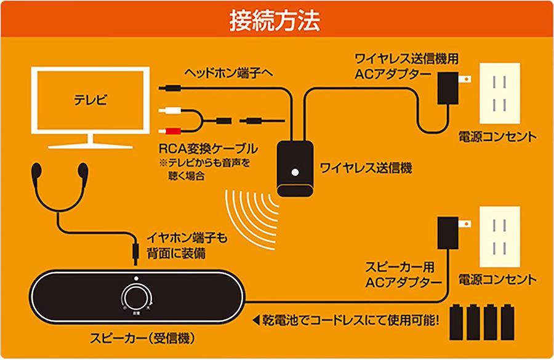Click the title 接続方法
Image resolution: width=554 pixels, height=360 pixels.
tap(275, 20)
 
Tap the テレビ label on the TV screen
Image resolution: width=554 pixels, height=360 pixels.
tap(90, 100)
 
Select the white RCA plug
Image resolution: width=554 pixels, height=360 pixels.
tap(170, 111)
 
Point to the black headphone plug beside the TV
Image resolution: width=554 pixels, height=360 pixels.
tap(170, 88)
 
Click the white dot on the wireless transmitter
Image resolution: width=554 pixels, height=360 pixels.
tap(295, 173)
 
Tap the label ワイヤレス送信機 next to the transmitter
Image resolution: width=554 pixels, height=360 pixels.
tap(366, 168)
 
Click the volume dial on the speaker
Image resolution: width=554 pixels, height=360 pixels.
tap(135, 297)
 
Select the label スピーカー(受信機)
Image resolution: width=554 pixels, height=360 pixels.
tap(142, 338)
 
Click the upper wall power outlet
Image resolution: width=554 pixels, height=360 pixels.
tap(500, 94)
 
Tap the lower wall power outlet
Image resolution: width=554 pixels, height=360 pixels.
tap(500, 237)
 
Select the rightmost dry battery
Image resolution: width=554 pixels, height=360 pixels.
tap(507, 322)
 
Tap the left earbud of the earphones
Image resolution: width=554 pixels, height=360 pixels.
tap(36, 171)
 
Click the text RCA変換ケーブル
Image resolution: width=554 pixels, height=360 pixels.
tap(208, 149)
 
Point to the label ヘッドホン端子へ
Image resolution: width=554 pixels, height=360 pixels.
tap(228, 73)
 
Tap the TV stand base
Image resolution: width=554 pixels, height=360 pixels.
tap(90, 145)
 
